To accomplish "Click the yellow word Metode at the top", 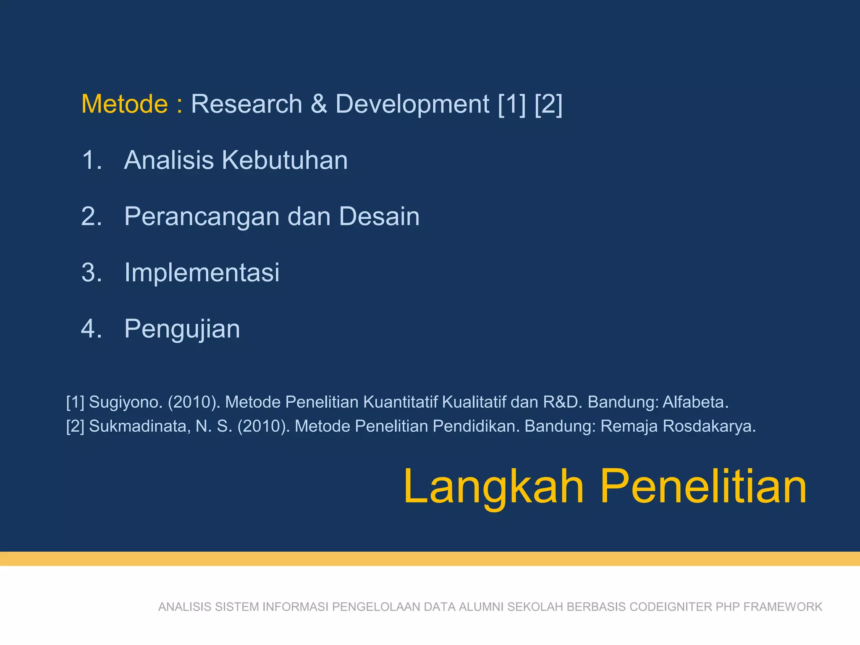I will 124,104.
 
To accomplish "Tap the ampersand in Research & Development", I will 319,104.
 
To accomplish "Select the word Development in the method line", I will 412,104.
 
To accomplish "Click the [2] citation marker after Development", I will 548,104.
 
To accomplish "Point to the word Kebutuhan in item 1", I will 285,160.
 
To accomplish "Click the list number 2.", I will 91,217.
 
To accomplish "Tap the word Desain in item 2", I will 379,217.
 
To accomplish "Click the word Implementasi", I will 202,273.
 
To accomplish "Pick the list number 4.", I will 91,329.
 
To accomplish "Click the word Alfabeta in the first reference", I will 695,402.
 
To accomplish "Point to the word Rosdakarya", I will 709,426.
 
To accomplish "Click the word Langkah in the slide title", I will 493,487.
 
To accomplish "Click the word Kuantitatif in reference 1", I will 400,402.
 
